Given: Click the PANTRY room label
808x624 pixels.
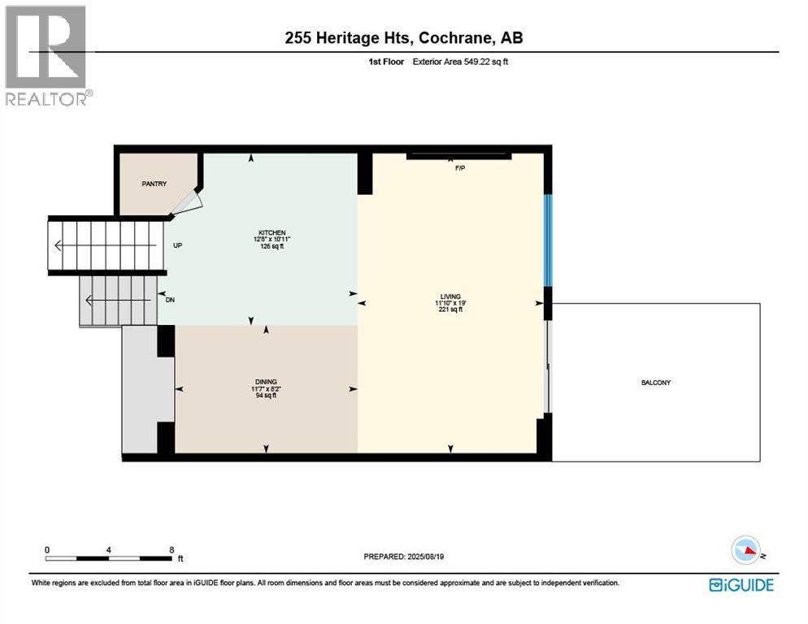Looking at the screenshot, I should point(154,184).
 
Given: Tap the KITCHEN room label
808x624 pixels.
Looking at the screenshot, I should point(272,232).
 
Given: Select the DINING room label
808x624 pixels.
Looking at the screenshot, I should point(266,381).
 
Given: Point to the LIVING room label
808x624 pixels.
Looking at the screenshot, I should point(450,297).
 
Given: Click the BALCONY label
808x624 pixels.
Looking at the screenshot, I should point(656,383).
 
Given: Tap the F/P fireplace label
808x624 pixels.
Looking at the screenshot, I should point(459,168).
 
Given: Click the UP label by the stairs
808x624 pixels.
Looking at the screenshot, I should point(176,245).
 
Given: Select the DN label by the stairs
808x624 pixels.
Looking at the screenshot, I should point(171,299).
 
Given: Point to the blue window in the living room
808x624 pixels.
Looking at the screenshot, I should point(549,240).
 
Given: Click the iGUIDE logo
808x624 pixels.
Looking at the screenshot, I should point(741,584).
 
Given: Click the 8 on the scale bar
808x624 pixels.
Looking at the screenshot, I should point(172,549).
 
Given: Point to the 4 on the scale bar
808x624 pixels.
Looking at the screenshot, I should point(109,549).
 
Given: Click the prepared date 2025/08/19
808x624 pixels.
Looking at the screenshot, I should point(433,557).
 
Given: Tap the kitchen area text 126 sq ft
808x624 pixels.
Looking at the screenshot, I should point(272,247).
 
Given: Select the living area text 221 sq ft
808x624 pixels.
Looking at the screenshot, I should point(450,310).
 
